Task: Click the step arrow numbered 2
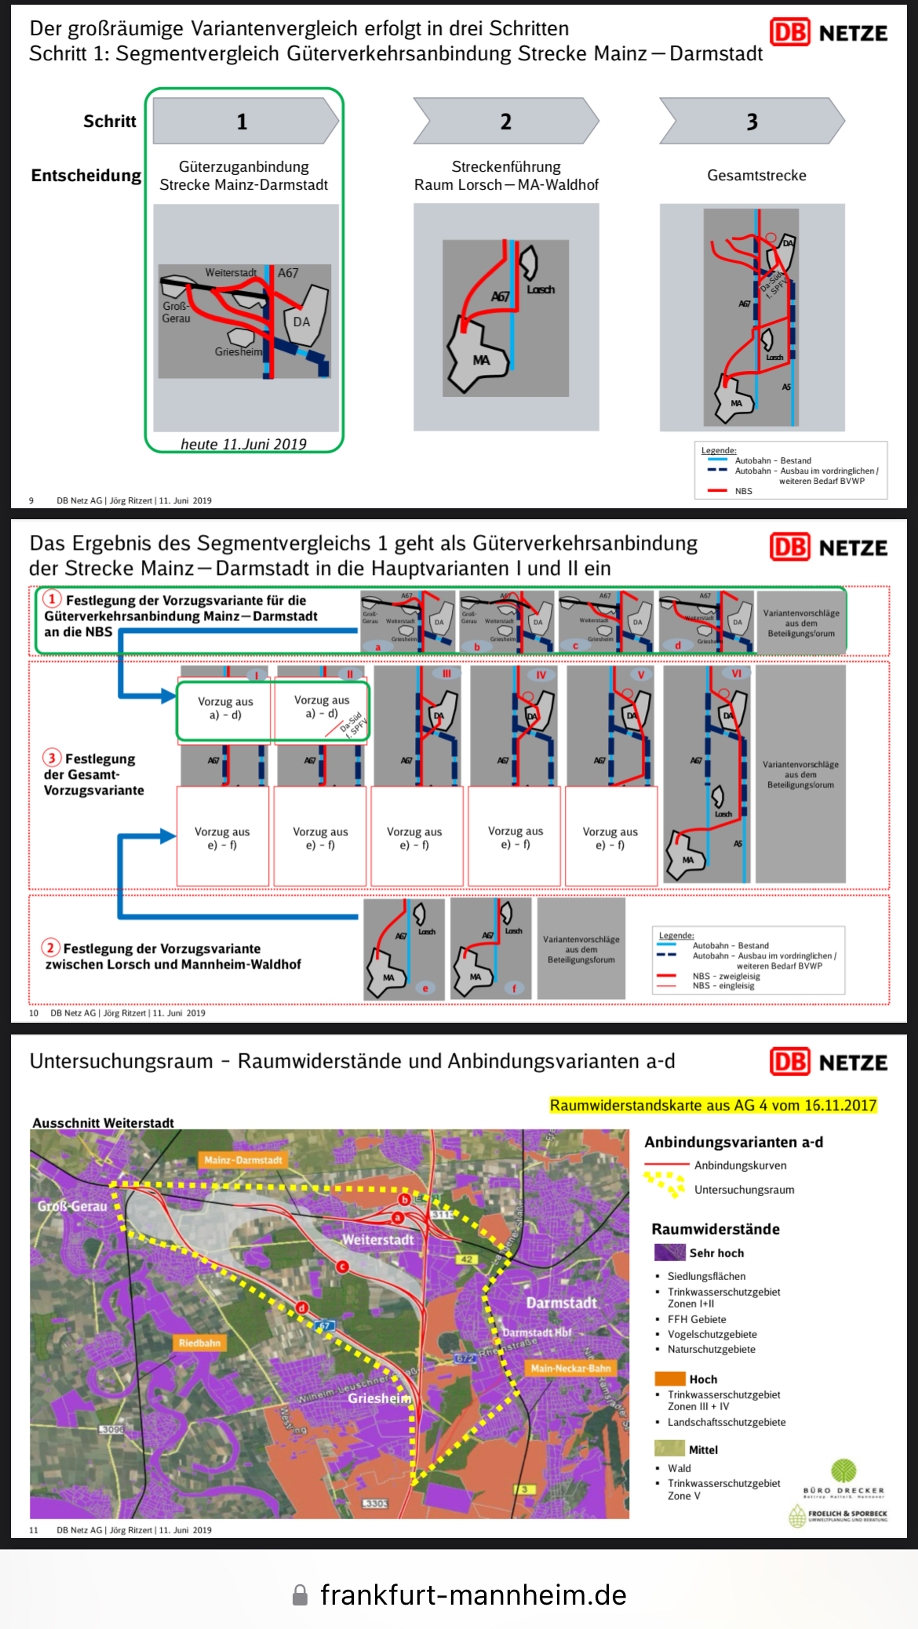point(506,121)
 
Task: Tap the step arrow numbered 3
point(752,121)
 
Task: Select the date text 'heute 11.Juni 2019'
point(243,444)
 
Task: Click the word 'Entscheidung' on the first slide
point(86,175)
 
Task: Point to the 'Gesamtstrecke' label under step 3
point(756,175)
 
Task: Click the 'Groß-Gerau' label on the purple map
point(72,1206)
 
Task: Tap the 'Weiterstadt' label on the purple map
point(377,1240)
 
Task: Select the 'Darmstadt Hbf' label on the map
point(537,1333)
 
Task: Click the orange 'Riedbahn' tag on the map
point(199,1343)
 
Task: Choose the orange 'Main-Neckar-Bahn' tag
point(570,1369)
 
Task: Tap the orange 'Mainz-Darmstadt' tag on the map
point(243,1160)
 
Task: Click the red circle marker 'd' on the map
point(302,1307)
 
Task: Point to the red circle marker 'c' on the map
point(342,1267)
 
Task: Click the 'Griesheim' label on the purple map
point(379,1398)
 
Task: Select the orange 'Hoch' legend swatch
point(670,1379)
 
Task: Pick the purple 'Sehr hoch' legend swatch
point(670,1253)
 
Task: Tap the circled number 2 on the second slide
point(51,947)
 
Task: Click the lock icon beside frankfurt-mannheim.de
point(300,1594)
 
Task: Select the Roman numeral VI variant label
point(736,674)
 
